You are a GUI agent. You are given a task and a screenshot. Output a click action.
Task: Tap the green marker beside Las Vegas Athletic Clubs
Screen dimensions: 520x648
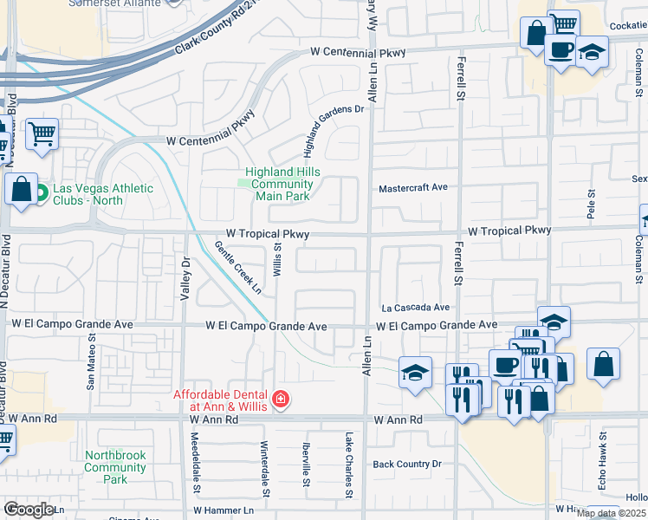[x=41, y=195]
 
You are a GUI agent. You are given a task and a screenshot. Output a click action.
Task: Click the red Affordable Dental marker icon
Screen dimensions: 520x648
[x=281, y=400]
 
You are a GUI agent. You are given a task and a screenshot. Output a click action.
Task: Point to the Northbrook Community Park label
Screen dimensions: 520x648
[x=115, y=466]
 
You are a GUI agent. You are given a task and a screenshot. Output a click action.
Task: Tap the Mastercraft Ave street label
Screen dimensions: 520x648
[x=413, y=187]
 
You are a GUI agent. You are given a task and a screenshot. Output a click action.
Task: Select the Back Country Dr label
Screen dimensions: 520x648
[x=407, y=465]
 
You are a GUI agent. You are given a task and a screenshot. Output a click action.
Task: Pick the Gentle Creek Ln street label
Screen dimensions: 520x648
[x=238, y=268]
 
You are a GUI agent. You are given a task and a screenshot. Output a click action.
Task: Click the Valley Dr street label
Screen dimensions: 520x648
[x=185, y=279]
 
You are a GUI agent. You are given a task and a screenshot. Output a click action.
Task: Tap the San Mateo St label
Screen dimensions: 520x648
[x=92, y=366]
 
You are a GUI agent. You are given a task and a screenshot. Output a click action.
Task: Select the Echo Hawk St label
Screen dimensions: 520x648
[x=604, y=460]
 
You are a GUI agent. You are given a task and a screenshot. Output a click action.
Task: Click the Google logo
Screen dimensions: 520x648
[x=29, y=510]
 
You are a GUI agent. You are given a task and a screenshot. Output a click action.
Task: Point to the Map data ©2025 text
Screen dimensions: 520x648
[x=610, y=513]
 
